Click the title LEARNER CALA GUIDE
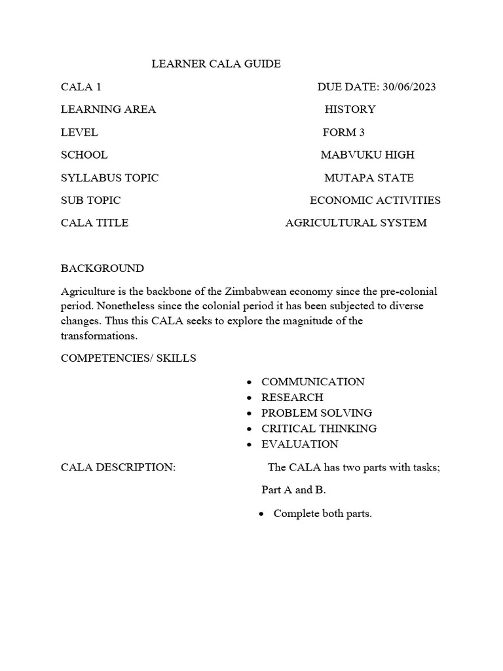[x=216, y=64]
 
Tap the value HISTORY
[x=350, y=109]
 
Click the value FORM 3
[x=343, y=132]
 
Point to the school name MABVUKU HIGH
[x=367, y=155]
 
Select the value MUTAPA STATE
[x=369, y=178]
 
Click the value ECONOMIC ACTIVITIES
[x=375, y=201]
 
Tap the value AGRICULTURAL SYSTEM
[x=356, y=223]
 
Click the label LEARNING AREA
[x=108, y=109]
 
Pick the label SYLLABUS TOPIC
[x=109, y=178]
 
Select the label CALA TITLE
[x=94, y=223]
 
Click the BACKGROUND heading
[x=102, y=269]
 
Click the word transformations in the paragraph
[x=100, y=335]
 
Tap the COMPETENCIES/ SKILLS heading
[x=128, y=358]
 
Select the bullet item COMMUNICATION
[x=312, y=382]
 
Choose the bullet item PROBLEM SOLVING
[x=316, y=413]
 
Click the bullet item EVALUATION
[x=299, y=444]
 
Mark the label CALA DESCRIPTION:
[x=118, y=468]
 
